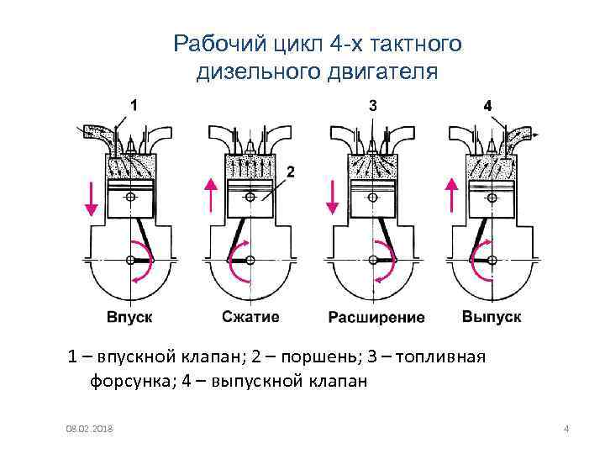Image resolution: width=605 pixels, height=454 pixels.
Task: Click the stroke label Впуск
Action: [129, 317]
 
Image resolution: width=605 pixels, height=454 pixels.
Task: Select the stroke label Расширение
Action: [376, 318]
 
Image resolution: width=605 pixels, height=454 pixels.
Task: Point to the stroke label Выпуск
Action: [492, 317]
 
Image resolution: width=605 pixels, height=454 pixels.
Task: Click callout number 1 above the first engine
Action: [134, 105]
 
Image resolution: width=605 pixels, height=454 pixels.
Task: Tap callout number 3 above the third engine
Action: [373, 105]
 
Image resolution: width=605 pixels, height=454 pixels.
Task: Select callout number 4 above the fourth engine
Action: [488, 105]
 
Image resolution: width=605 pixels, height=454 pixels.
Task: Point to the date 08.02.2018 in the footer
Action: [92, 430]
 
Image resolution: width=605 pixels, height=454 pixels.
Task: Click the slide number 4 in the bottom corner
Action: [567, 430]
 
